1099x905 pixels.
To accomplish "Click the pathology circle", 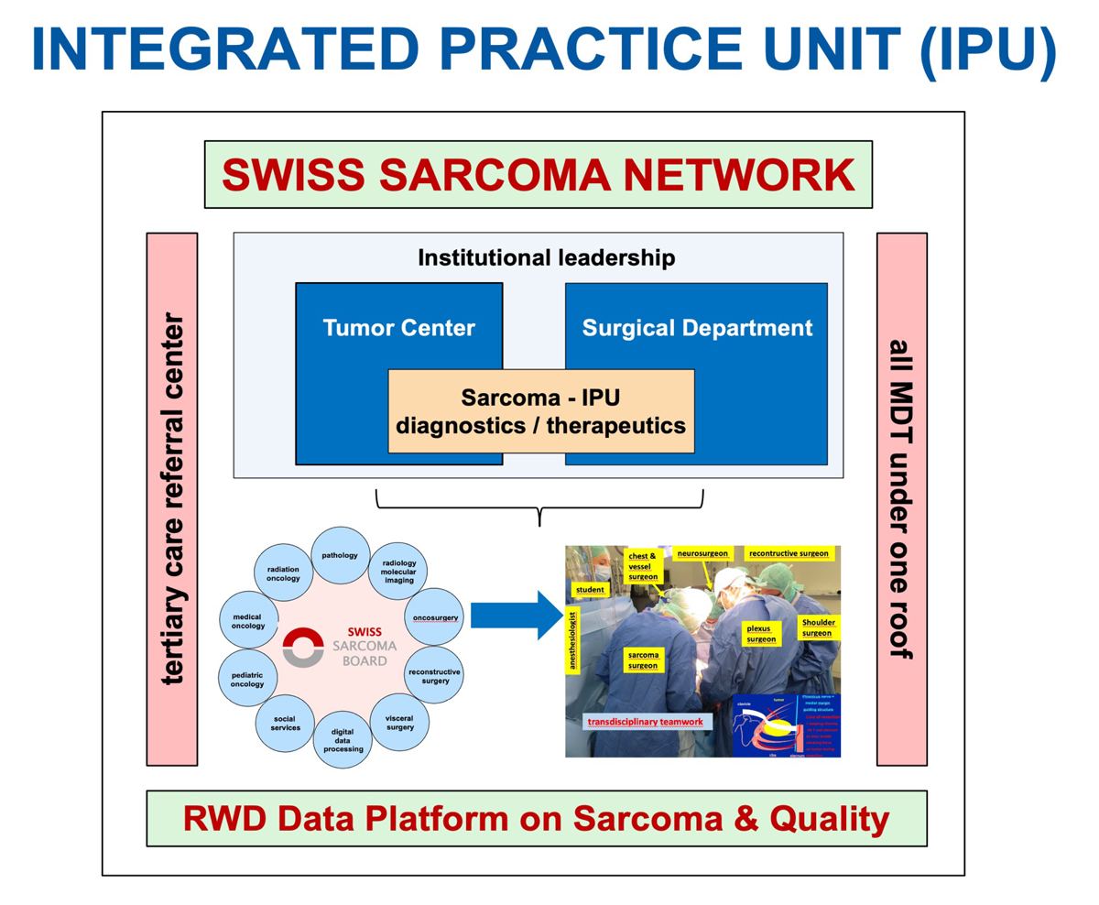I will click(x=340, y=556).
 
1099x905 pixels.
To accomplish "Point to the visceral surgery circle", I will click(x=399, y=721).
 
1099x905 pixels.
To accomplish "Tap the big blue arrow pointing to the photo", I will click(x=515, y=616).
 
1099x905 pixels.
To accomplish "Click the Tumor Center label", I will click(x=398, y=327).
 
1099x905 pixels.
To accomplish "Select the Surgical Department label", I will click(x=697, y=327).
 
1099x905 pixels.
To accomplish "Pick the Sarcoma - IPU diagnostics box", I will click(x=540, y=411).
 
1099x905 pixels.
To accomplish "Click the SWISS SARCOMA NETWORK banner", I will click(x=538, y=174).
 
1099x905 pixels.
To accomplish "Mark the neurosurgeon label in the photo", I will click(x=703, y=554).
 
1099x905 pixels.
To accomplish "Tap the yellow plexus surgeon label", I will click(x=762, y=633).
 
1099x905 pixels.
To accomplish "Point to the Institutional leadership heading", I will click(x=546, y=257).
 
